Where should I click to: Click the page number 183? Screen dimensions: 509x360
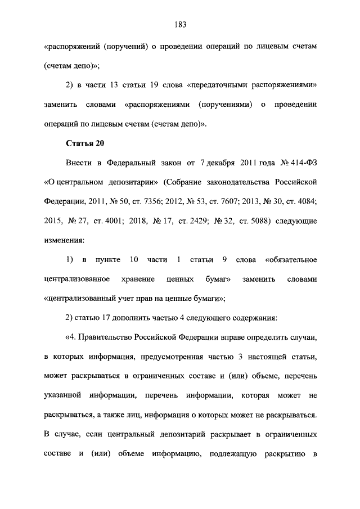[x=180, y=25]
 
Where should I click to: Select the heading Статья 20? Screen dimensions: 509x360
[x=85, y=143]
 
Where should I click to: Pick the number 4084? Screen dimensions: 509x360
[x=303, y=201]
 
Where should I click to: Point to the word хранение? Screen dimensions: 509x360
[x=136, y=278]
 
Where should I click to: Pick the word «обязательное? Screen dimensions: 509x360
[x=287, y=259]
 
